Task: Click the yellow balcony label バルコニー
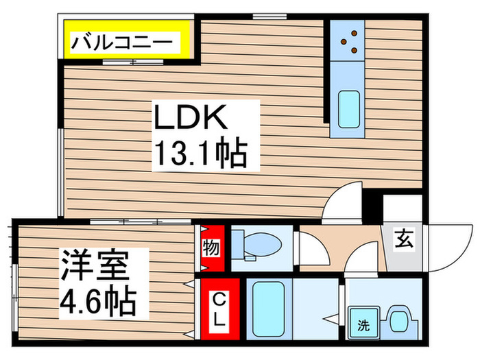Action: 128,43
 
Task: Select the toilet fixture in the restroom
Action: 254,244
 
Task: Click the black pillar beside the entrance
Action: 373,205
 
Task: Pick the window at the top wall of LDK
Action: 269,15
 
